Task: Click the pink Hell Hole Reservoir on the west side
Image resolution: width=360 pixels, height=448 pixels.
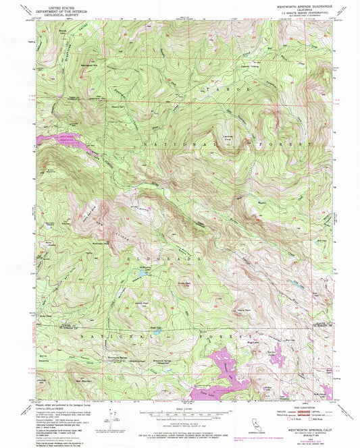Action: pyautogui.click(x=61, y=142)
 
